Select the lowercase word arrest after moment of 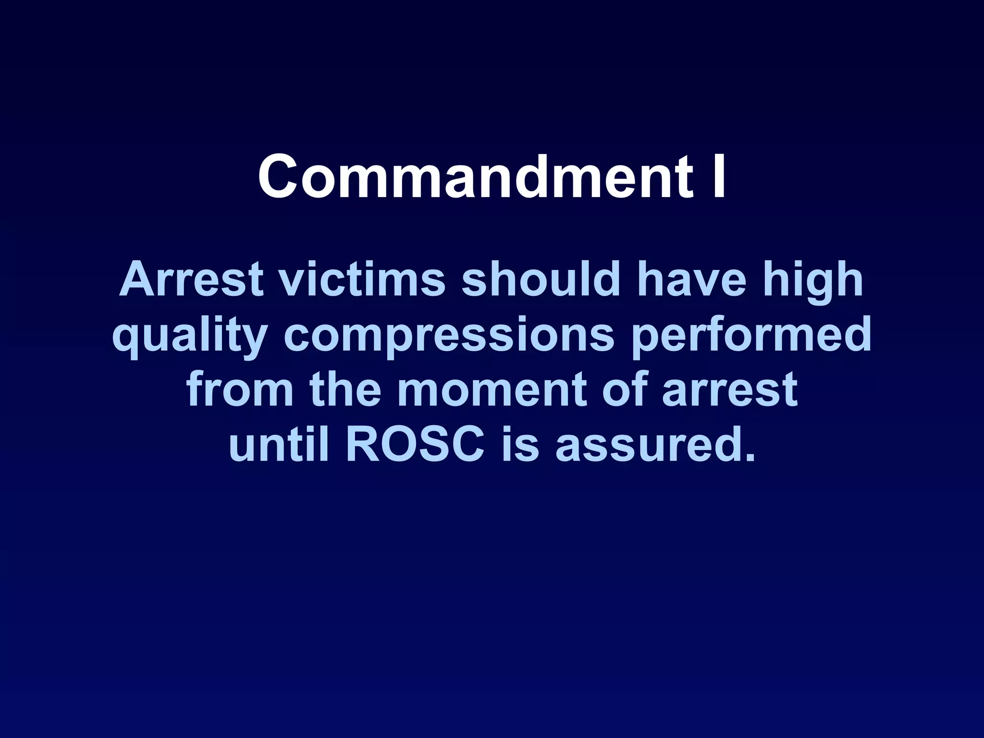[730, 390]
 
